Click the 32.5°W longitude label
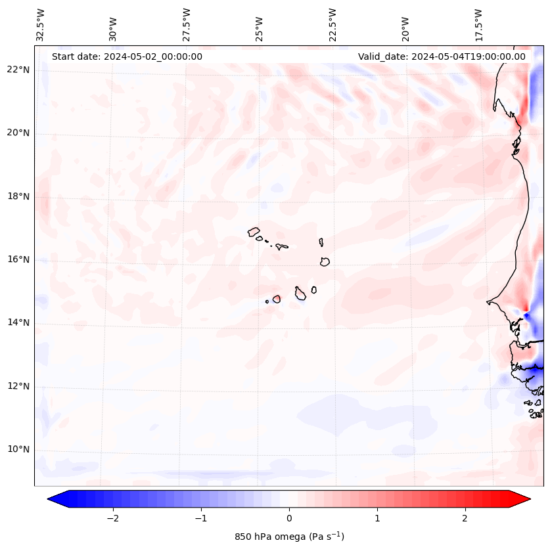click(x=41, y=24)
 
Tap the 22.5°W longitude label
click(x=332, y=24)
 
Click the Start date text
click(x=127, y=56)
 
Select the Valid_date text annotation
click(x=442, y=56)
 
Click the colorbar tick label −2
click(x=112, y=518)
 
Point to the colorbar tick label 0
click(x=289, y=518)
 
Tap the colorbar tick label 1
click(x=377, y=518)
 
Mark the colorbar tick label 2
click(x=465, y=518)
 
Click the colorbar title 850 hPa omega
click(x=289, y=537)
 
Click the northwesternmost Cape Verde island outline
click(x=254, y=231)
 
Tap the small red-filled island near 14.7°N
click(x=277, y=299)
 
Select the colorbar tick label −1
click(x=200, y=518)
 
